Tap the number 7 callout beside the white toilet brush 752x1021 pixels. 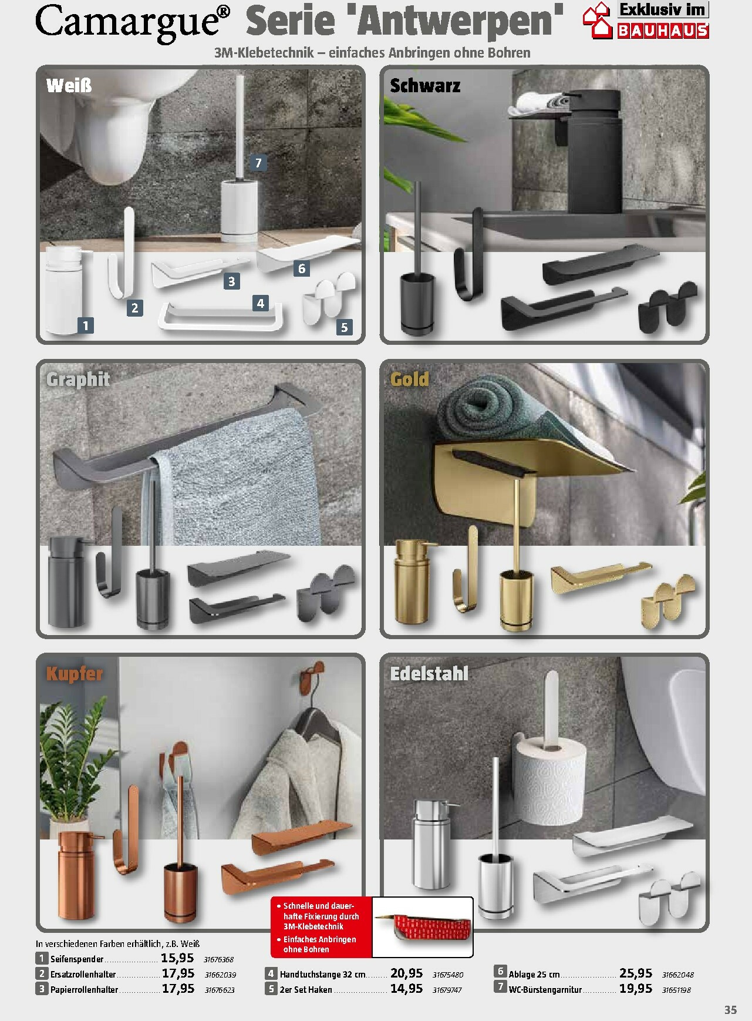coord(258,163)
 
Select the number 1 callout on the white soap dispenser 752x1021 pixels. coord(86,325)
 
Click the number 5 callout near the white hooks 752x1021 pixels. coord(344,327)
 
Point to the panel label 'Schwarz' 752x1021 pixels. coord(425,85)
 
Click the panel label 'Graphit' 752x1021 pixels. coord(78,379)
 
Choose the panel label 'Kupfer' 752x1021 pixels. coord(75,673)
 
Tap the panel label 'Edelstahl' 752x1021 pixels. coord(429,673)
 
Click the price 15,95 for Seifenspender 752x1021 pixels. coord(177,959)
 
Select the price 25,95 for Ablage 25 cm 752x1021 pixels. coord(636,973)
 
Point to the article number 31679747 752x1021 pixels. coord(447,990)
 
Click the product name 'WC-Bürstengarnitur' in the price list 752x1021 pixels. coord(545,990)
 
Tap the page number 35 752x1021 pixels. coord(730,1009)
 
